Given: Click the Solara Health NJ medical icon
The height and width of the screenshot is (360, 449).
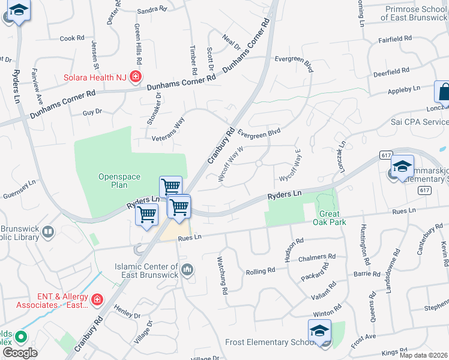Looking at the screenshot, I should [x=136, y=77].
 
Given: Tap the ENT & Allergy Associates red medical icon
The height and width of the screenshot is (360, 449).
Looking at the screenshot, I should [x=97, y=299].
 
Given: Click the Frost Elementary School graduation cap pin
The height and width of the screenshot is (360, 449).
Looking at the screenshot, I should [x=319, y=331].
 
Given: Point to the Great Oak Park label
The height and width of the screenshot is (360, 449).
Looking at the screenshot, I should [x=326, y=218].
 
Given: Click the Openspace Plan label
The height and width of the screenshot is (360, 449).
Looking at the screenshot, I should [x=113, y=181].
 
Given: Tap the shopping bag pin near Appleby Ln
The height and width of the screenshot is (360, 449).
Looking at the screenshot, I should [x=443, y=93].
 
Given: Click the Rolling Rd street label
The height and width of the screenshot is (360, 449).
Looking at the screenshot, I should [x=261, y=271].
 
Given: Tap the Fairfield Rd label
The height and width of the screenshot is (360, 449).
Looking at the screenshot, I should [x=396, y=38].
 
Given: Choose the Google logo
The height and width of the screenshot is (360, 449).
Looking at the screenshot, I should [x=20, y=352].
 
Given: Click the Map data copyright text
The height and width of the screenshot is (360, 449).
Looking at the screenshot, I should [x=424, y=355].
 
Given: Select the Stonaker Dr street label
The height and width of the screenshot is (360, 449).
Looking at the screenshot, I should [x=151, y=109].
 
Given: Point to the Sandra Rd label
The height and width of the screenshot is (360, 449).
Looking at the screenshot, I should [x=151, y=10].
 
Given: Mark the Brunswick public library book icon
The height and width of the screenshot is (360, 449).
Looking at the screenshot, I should [x=49, y=231].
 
